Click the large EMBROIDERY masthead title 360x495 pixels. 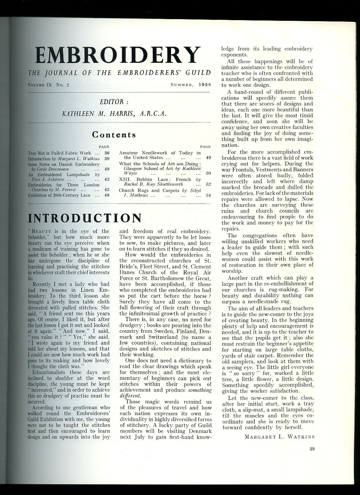click(118, 55)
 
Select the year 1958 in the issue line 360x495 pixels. click(204, 85)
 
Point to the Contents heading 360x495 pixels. click(114, 135)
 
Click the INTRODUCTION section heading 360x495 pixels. click(85, 218)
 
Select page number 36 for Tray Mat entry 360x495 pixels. click(107, 153)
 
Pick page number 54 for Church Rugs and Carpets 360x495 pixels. click(208, 195)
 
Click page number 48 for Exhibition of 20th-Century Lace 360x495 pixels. click(107, 195)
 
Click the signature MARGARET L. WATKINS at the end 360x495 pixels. click(279, 437)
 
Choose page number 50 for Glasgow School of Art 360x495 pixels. click(208, 173)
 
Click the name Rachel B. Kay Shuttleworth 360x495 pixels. click(153, 184)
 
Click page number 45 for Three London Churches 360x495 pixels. click(107, 190)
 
